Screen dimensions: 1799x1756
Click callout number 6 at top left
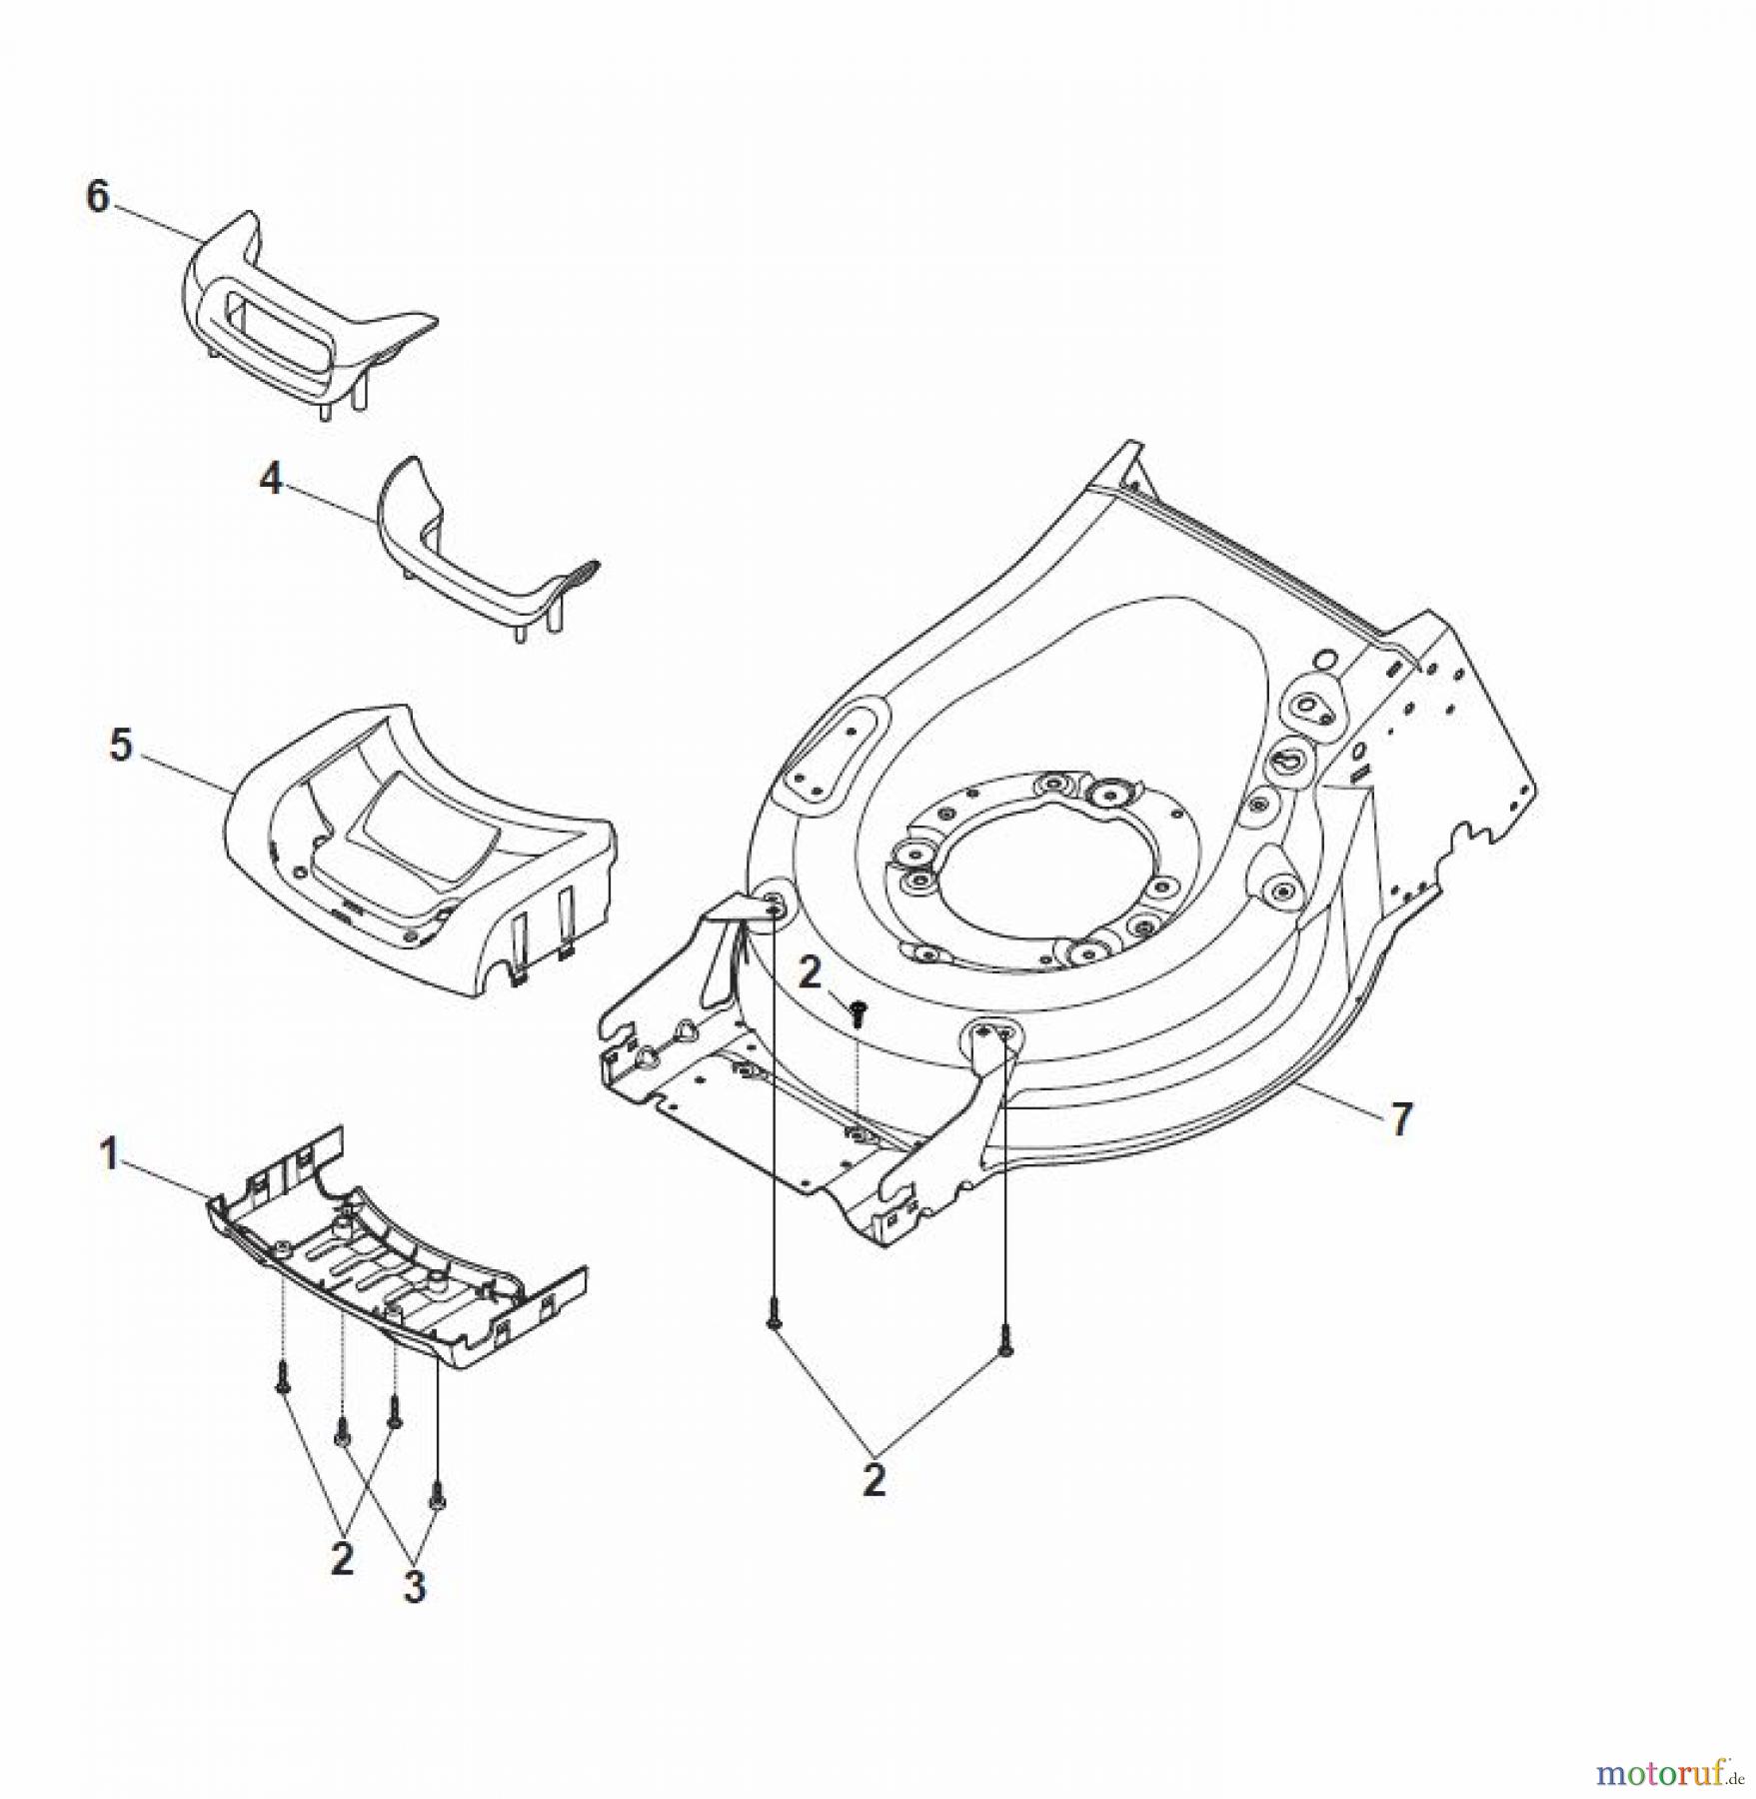tap(97, 197)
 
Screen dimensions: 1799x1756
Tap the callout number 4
tap(271, 481)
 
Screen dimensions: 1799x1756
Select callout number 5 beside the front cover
tap(121, 746)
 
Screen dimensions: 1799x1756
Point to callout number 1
tap(109, 1157)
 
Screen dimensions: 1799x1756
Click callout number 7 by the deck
tap(1401, 1120)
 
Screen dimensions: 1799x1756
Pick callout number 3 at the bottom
tap(414, 1587)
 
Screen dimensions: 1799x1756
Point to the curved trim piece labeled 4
tap(470, 560)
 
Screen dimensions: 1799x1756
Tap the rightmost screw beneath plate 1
tap(437, 1494)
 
